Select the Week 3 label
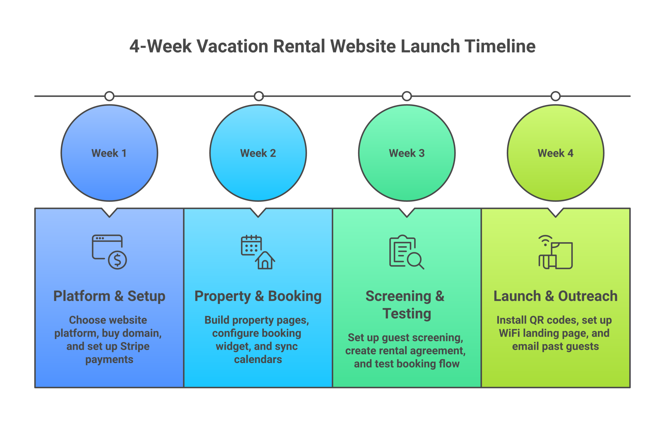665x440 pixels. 406,153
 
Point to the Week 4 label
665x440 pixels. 555,153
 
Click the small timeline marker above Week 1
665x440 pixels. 109,96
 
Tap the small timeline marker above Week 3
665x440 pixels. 407,96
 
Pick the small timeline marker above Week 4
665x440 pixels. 555,96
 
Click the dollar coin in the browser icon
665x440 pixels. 117,260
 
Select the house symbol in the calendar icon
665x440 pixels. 265,261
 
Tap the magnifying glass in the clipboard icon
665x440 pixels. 415,260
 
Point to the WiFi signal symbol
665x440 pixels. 545,240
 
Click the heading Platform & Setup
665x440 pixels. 109,296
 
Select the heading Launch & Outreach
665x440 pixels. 555,296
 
